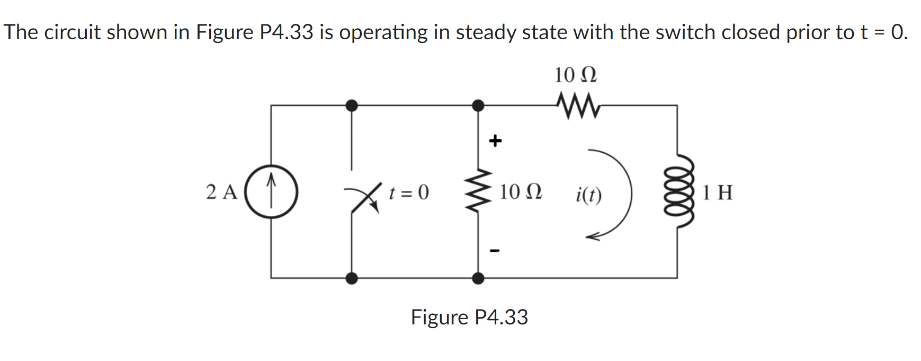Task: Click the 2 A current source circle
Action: tap(271, 191)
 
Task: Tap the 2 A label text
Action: tap(221, 192)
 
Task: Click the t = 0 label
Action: tap(408, 192)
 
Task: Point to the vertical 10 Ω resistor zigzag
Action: tap(478, 191)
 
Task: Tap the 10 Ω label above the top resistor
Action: tap(575, 75)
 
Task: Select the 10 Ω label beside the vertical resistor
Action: tap(520, 192)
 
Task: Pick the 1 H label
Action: tap(718, 192)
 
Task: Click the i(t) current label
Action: tap(588, 196)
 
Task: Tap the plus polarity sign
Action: tap(495, 141)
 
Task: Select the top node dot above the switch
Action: tap(351, 105)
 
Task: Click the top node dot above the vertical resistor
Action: tap(478, 105)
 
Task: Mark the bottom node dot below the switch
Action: tap(351, 278)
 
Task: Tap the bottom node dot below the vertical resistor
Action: tap(478, 278)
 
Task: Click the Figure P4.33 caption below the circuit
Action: tap(469, 317)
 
